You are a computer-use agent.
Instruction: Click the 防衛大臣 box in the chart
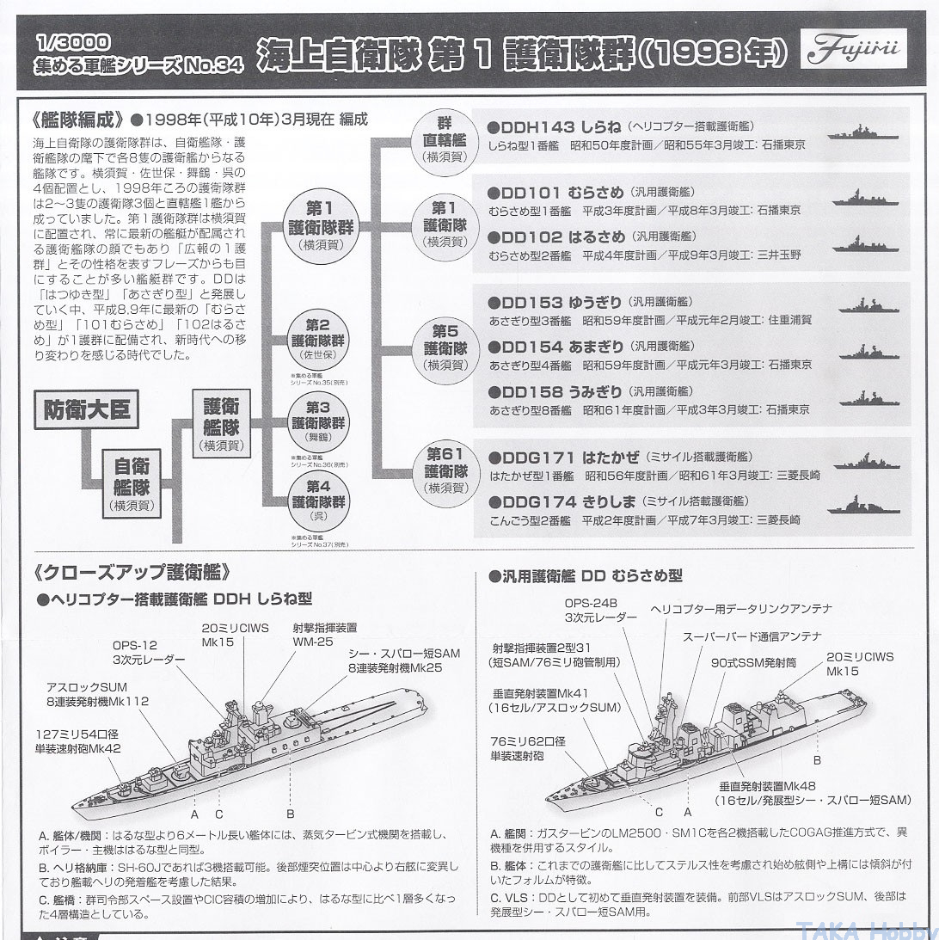coord(87,409)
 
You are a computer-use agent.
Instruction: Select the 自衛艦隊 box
coord(132,482)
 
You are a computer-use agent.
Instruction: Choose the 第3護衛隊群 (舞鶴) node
coord(317,422)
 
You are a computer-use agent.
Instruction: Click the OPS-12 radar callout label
coord(148,651)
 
